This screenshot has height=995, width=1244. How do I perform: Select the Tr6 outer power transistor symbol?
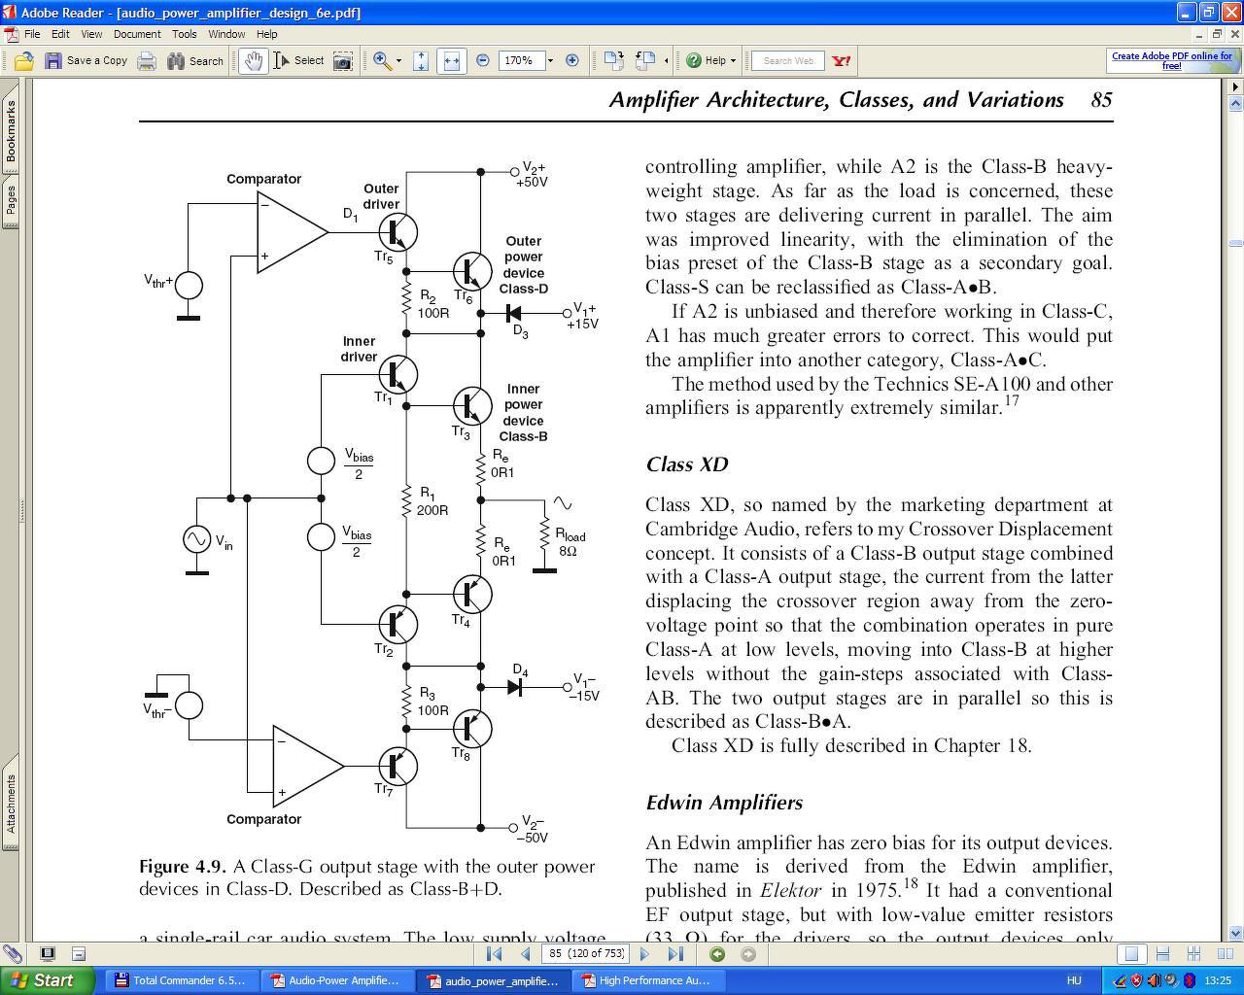click(x=472, y=272)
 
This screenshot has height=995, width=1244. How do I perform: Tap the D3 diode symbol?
click(x=514, y=313)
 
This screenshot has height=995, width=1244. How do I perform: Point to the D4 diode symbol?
click(x=515, y=687)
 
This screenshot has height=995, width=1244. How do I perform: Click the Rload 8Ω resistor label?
click(x=570, y=542)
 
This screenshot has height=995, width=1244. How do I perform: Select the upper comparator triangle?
click(x=290, y=231)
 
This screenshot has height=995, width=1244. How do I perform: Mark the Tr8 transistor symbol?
click(x=472, y=727)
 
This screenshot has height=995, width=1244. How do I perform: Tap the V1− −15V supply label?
click(x=585, y=687)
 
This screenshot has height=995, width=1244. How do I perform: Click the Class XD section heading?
click(x=686, y=464)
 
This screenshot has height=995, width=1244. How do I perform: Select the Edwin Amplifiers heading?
click(x=724, y=803)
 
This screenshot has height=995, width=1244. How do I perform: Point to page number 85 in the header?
click(x=1101, y=100)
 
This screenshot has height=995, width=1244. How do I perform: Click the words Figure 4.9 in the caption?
click(x=183, y=867)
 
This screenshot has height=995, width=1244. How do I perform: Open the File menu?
click(x=32, y=34)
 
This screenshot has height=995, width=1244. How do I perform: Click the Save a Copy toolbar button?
click(x=86, y=60)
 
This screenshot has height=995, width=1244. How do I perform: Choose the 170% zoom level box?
click(x=519, y=60)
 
